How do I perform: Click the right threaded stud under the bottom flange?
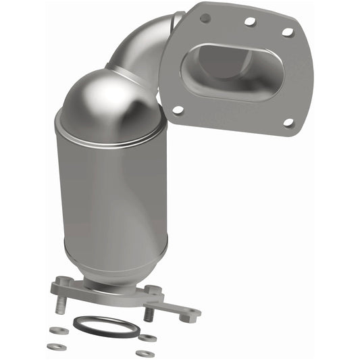pyautogui.click(x=150, y=313)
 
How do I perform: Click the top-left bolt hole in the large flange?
pyautogui.click(x=205, y=18)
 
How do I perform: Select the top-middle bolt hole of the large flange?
pyautogui.click(x=250, y=22)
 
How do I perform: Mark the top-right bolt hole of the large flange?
pyautogui.click(x=287, y=32)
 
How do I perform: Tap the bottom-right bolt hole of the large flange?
pyautogui.click(x=288, y=122)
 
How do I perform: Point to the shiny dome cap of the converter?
pyautogui.click(x=108, y=98)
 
